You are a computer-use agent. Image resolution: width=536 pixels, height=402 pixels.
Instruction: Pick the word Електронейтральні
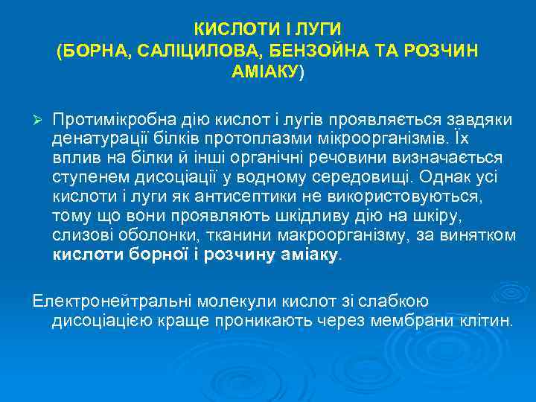point(112,301)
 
